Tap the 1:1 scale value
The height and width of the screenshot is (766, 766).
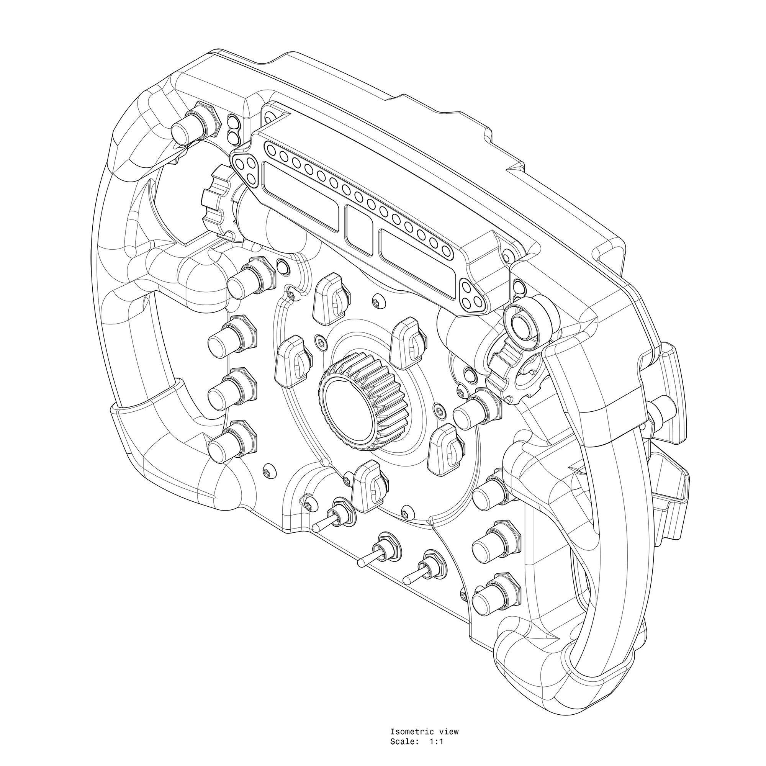[x=436, y=709]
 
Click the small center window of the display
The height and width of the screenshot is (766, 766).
[x=359, y=230]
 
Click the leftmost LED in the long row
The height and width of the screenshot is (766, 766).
[x=272, y=150]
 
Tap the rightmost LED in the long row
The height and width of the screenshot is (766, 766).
[x=447, y=250]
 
